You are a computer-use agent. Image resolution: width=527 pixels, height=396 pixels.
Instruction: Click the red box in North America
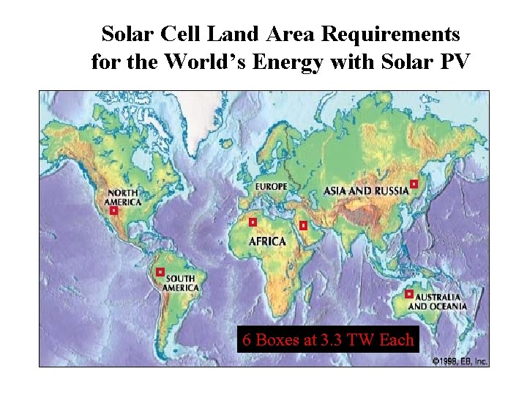click(113, 210)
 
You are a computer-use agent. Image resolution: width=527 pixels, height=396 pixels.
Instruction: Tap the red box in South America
click(160, 272)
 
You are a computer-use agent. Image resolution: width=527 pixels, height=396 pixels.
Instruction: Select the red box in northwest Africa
click(253, 221)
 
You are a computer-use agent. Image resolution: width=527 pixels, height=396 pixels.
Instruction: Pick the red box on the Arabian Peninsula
click(302, 225)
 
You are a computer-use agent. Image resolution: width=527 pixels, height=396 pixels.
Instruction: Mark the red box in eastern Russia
click(414, 183)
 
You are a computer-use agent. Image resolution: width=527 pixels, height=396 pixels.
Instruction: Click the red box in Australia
click(408, 294)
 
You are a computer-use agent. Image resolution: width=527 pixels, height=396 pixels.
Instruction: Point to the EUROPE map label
click(272, 187)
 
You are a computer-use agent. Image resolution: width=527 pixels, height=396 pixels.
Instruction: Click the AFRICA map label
click(267, 241)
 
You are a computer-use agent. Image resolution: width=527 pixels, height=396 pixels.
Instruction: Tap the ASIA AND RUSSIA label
click(366, 191)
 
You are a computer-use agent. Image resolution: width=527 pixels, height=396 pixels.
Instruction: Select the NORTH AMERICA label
click(122, 197)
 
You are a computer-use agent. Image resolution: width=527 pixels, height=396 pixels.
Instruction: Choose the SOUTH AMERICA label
click(182, 283)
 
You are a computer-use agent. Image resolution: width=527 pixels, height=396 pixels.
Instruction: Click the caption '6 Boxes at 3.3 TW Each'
click(328, 340)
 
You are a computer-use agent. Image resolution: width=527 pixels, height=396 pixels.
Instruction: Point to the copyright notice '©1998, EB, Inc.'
click(459, 361)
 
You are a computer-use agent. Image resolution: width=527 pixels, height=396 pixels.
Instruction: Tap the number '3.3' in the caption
click(334, 340)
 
